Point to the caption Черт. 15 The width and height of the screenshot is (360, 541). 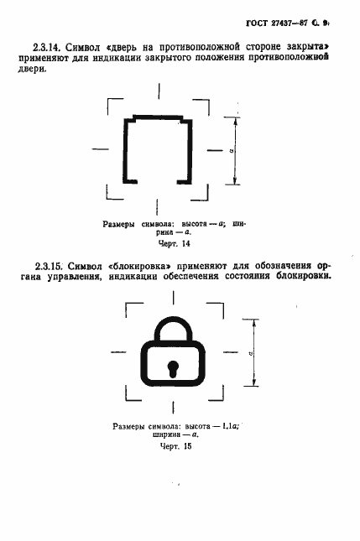pyautogui.click(x=176, y=446)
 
